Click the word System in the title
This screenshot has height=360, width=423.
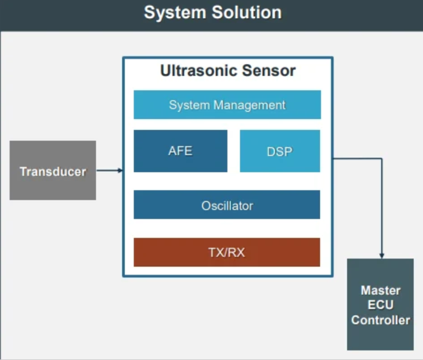click(x=175, y=13)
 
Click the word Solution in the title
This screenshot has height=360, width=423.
click(x=247, y=13)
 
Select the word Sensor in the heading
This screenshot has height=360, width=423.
click(x=269, y=71)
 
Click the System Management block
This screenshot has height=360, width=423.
click(x=227, y=105)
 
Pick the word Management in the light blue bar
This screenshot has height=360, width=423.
click(x=249, y=106)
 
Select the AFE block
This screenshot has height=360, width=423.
click(x=181, y=151)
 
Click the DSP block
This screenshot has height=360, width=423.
click(x=280, y=151)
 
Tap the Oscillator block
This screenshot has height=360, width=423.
click(x=227, y=205)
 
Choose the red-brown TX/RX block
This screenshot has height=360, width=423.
click(x=227, y=253)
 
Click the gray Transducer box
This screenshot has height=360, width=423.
click(x=53, y=170)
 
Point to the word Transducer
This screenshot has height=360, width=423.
click(x=53, y=172)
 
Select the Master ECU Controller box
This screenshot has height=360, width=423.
click(x=380, y=304)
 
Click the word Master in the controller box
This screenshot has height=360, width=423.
click(x=380, y=290)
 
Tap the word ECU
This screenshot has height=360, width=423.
click(x=380, y=305)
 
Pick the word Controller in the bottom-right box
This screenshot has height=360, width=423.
click(x=380, y=320)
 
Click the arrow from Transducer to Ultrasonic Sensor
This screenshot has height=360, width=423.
click(x=110, y=170)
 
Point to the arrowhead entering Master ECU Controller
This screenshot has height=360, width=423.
click(x=382, y=256)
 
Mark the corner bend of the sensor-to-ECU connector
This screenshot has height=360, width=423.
click(x=382, y=159)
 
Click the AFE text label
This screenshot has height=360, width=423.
click(x=181, y=151)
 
